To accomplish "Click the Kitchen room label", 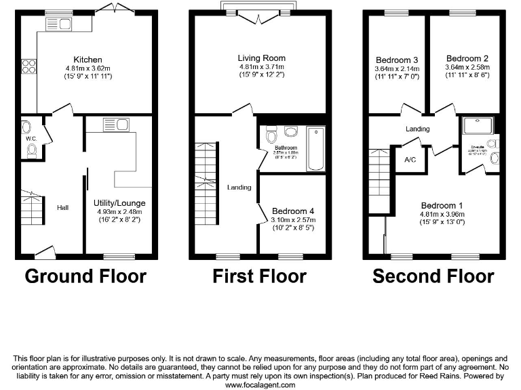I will coord(88,58).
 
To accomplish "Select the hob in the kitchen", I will coord(29,66).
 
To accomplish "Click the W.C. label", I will coord(29,139).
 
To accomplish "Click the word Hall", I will coord(62,208).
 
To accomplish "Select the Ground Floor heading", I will coord(85,276).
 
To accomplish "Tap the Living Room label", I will coord(261,58).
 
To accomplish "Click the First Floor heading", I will coord(259,276).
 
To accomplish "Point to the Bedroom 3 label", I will coord(395,59).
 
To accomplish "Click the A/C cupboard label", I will coord(410,160).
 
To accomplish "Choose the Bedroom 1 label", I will coord(442,206).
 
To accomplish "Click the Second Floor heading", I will coord(433,276).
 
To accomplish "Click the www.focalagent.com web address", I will coord(260,385).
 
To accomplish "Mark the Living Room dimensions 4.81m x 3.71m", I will coord(261,68).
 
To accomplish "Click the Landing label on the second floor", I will coord(417,129).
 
